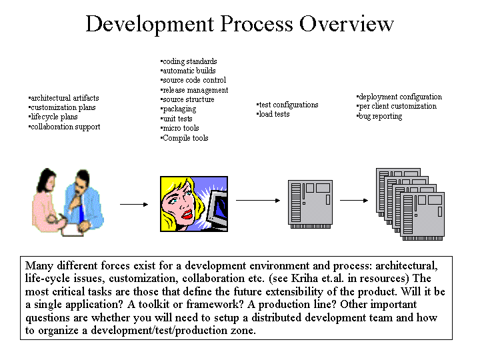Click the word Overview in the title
click(x=346, y=24)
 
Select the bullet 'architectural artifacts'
click(x=64, y=98)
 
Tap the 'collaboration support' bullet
click(x=64, y=127)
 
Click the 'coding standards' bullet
click(x=189, y=61)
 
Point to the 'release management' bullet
click(x=194, y=90)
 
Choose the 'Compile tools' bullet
click(x=184, y=138)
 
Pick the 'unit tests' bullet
click(x=176, y=119)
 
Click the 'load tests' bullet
click(x=273, y=114)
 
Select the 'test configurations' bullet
click(x=287, y=105)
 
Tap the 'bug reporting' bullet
click(x=379, y=116)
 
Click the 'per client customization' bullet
click(x=397, y=106)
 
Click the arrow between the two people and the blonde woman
click(x=134, y=204)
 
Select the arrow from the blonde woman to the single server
click(x=258, y=201)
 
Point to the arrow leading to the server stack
click(x=354, y=201)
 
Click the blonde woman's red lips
click(x=187, y=214)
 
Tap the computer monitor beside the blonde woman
click(x=217, y=211)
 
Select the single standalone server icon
click(x=310, y=204)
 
